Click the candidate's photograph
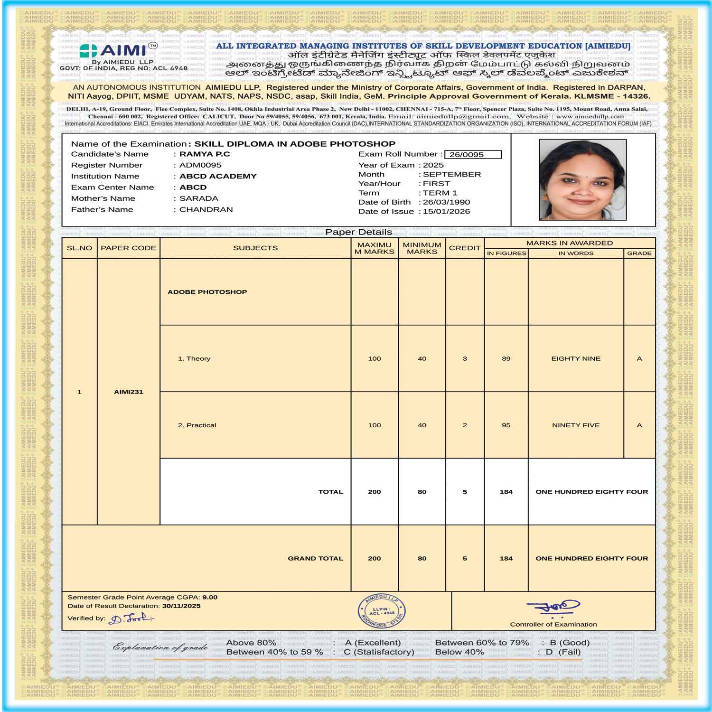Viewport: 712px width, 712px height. click(x=582, y=179)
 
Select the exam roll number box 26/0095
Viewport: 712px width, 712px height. click(x=473, y=154)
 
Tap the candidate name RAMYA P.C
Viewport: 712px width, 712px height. click(x=205, y=154)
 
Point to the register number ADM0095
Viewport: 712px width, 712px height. click(x=200, y=165)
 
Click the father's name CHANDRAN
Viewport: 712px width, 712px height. click(x=206, y=209)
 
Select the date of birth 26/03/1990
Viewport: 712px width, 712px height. click(x=446, y=202)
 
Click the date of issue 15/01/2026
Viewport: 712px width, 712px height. click(x=446, y=211)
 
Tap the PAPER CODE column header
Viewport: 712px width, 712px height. click(x=128, y=248)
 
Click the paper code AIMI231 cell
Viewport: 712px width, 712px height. click(x=128, y=392)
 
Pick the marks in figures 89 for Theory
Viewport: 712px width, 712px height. click(x=506, y=358)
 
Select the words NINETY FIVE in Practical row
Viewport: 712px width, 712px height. click(x=576, y=425)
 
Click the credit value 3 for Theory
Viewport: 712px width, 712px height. click(x=465, y=358)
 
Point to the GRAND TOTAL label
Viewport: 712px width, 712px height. click(x=315, y=558)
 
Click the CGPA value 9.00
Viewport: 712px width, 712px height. click(x=210, y=597)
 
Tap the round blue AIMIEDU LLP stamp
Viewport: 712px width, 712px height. click(x=382, y=611)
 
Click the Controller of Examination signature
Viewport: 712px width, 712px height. click(x=553, y=608)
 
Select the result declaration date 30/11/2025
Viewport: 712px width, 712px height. click(x=181, y=606)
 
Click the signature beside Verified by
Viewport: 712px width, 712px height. click(x=131, y=618)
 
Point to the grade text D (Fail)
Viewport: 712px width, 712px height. click(x=563, y=652)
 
